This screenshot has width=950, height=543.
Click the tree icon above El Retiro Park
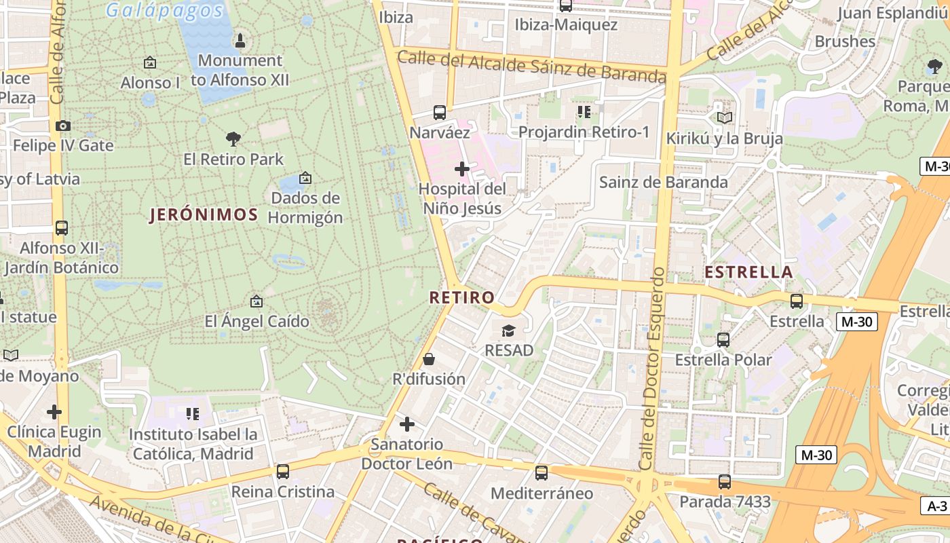[x=233, y=139]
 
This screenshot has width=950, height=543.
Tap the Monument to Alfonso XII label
[x=240, y=70]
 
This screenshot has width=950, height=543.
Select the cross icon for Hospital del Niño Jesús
[x=462, y=168]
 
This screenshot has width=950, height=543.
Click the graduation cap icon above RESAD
[x=508, y=331]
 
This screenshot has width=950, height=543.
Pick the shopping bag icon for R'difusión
[x=428, y=358]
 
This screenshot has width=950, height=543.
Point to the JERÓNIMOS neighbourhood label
[x=204, y=215]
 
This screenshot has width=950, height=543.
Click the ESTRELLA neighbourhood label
[x=748, y=272]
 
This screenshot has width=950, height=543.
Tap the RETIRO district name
[x=461, y=297]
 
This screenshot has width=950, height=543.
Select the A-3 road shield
[x=936, y=506]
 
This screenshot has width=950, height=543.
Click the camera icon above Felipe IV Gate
[x=63, y=126]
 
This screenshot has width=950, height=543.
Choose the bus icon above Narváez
[x=440, y=112]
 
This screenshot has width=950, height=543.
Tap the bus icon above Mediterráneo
[x=541, y=472]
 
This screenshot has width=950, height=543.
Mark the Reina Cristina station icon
[x=282, y=471]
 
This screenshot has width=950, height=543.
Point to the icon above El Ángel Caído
[x=256, y=301]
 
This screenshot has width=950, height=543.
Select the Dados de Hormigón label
[x=305, y=208]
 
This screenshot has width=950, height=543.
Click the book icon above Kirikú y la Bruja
[x=724, y=118]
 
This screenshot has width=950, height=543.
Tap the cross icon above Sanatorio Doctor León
[x=406, y=424]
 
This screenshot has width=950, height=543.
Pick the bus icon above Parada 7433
[x=725, y=482]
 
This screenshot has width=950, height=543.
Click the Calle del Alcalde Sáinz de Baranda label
[x=531, y=67]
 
